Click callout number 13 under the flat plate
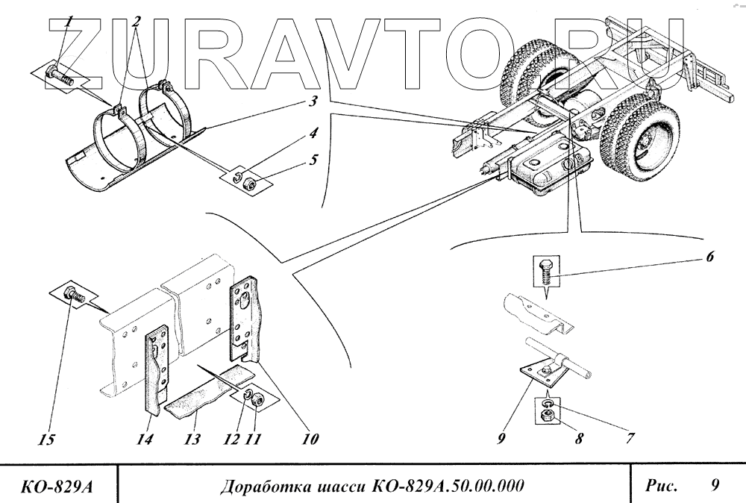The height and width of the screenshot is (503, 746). point(192,440)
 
